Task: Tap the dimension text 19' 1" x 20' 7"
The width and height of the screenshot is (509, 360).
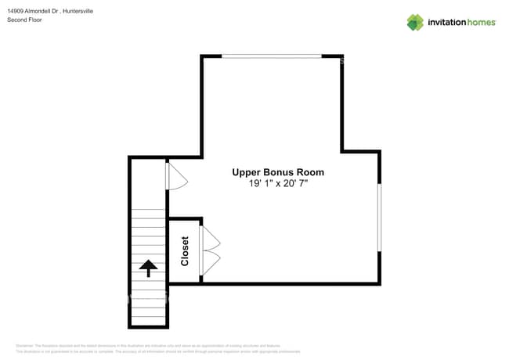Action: click(x=277, y=184)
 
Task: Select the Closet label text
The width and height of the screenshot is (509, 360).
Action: click(x=185, y=251)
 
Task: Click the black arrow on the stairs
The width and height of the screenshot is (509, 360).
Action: click(x=147, y=269)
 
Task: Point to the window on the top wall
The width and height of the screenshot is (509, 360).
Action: click(x=272, y=56)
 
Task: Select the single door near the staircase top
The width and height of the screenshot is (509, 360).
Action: click(x=176, y=176)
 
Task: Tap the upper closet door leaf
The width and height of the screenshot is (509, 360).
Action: click(x=210, y=239)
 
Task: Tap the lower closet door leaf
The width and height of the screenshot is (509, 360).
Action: click(x=210, y=263)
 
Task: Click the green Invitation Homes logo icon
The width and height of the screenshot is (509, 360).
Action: click(x=415, y=22)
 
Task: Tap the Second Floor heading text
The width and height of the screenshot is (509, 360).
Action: click(x=24, y=20)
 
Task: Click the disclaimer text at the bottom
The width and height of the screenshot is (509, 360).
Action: click(x=157, y=348)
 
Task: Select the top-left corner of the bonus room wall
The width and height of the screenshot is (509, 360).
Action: click(x=203, y=57)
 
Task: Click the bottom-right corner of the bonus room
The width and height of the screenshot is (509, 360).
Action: click(x=379, y=283)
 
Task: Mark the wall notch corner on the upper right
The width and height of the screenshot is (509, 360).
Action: click(x=342, y=150)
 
